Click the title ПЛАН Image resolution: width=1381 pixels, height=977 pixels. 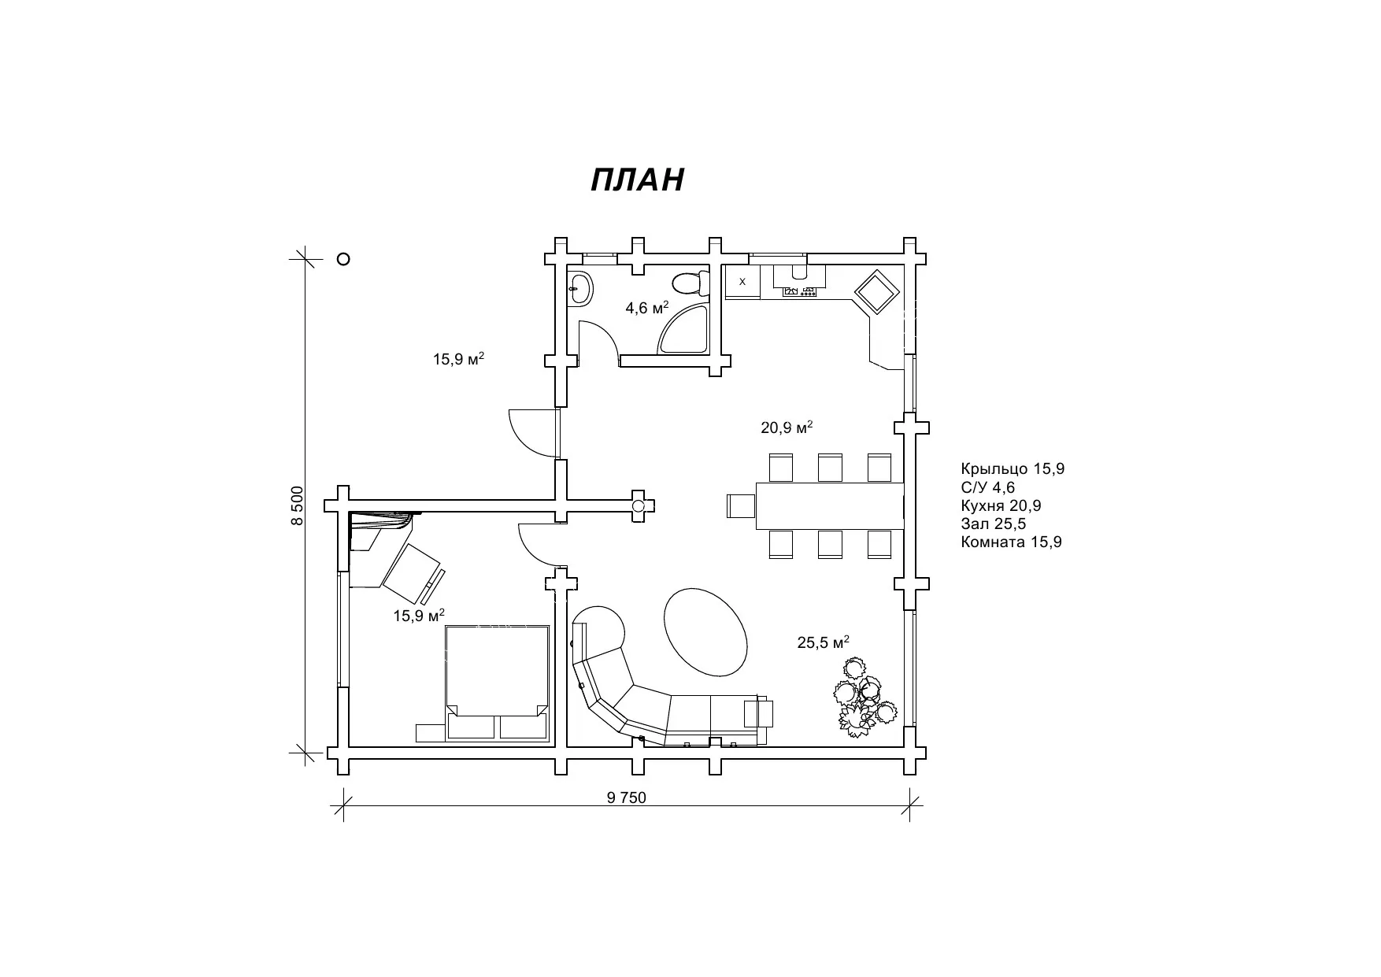click(x=637, y=180)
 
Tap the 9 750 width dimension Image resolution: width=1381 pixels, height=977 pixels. click(x=627, y=798)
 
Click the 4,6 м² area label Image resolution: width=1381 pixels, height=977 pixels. click(x=647, y=307)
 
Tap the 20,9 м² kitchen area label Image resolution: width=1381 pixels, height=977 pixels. click(x=787, y=427)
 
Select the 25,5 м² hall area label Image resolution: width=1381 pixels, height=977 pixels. click(x=824, y=642)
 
